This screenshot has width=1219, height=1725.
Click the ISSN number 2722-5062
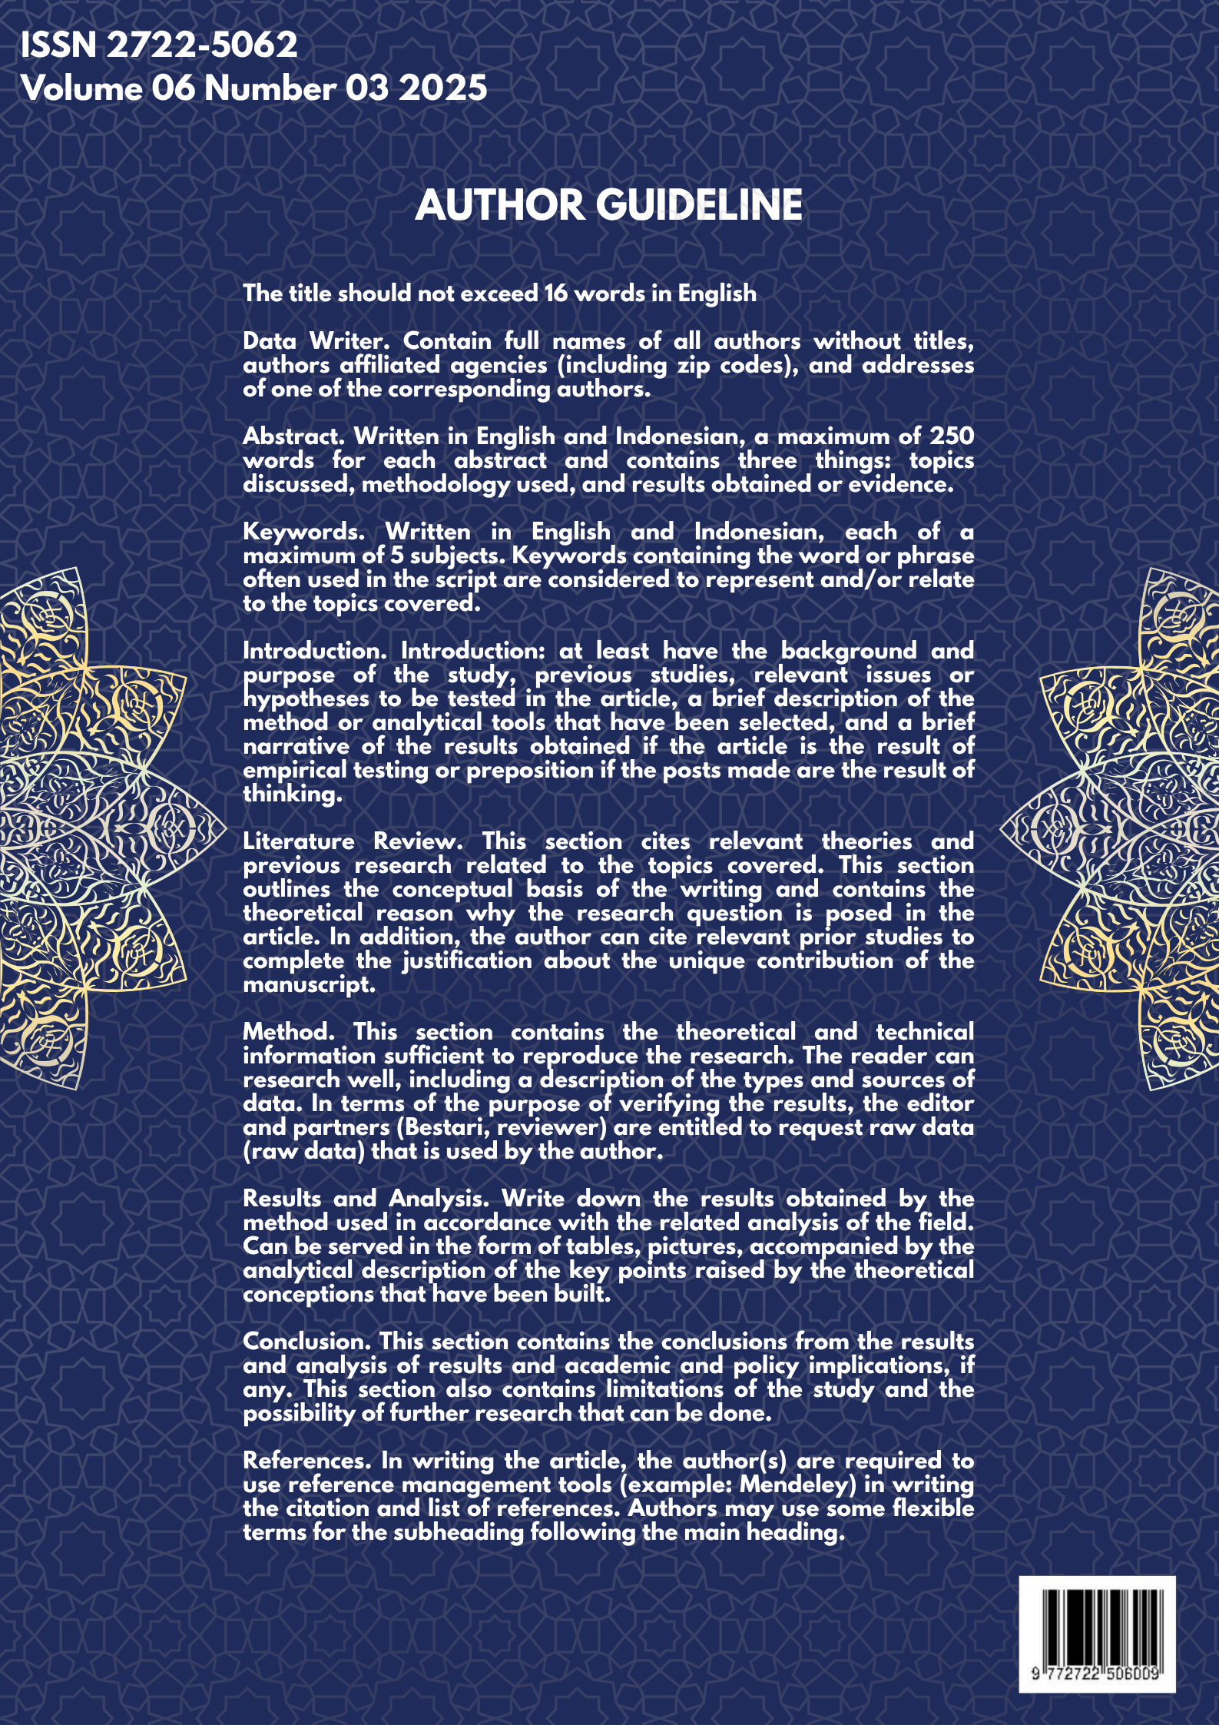(201, 45)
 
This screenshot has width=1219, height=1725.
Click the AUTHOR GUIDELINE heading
(608, 205)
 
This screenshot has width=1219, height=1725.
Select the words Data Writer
(313, 341)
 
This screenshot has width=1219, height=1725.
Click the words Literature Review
(353, 841)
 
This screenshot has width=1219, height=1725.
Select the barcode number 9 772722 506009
(1096, 1673)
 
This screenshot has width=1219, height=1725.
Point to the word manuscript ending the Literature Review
(309, 984)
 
